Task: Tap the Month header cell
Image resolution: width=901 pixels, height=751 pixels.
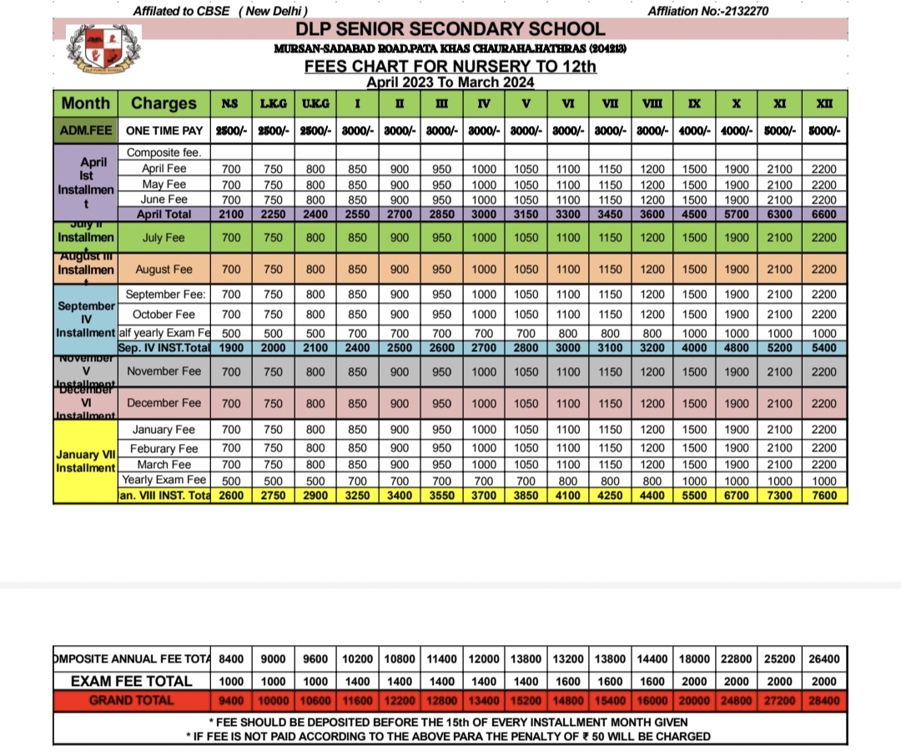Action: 86,103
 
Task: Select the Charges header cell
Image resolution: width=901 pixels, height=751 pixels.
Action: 164,103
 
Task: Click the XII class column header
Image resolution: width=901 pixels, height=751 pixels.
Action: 825,103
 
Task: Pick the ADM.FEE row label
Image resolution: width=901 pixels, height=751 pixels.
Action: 86,131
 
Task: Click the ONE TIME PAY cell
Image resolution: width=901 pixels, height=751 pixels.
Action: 164,131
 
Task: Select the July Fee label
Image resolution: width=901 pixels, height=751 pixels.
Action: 164,238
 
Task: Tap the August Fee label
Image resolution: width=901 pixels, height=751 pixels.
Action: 164,270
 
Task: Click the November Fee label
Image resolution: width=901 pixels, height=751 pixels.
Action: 164,371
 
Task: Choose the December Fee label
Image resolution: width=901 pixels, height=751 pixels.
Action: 164,403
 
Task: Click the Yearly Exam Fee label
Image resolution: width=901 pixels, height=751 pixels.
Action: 164,480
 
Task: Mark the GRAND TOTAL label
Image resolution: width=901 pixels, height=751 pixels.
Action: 132,701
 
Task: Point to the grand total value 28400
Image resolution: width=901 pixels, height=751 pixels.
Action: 824,701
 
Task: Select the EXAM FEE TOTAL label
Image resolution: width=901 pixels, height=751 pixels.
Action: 132,681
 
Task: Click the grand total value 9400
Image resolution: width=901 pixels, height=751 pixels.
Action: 231,701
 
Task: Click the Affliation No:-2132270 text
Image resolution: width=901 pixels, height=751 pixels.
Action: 707,11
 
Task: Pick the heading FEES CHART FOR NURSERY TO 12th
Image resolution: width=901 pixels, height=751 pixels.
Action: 450,67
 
